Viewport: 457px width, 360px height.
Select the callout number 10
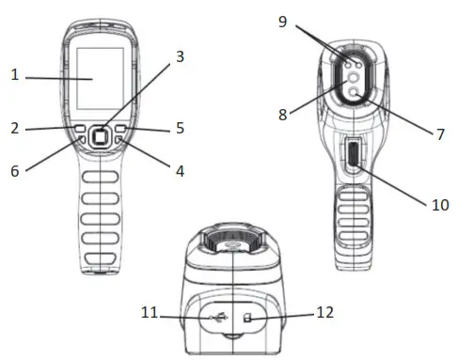(438, 203)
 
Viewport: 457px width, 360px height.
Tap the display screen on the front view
(97, 79)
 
